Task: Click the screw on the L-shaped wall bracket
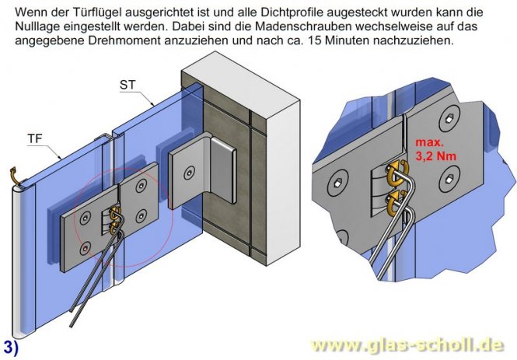click(187, 170)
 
